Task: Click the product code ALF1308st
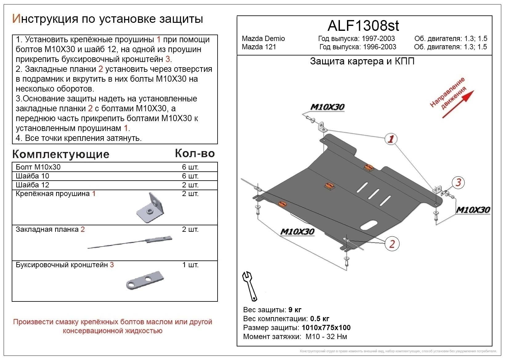(363, 26)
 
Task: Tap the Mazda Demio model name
(263, 39)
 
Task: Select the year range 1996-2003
(380, 47)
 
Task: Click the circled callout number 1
(391, 139)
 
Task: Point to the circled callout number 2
(392, 244)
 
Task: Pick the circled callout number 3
(458, 182)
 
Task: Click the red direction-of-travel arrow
(458, 104)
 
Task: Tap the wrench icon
(249, 286)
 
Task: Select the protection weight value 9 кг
(295, 309)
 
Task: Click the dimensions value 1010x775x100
(326, 327)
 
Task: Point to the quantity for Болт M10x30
(190, 167)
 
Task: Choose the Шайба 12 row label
(32, 185)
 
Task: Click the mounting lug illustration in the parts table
(150, 207)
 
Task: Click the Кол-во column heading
(195, 153)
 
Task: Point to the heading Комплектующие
(61, 154)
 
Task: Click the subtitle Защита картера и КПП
(362, 61)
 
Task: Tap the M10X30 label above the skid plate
(327, 107)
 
